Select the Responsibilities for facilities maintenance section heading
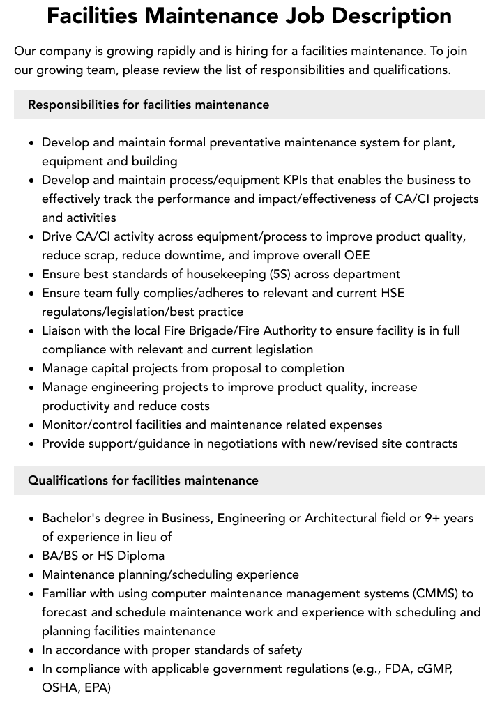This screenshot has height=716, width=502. pos(149,105)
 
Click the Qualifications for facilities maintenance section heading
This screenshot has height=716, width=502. pos(143,480)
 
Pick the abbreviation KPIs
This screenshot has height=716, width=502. pos(317,180)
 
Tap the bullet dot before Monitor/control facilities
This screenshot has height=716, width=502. pos(32,425)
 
